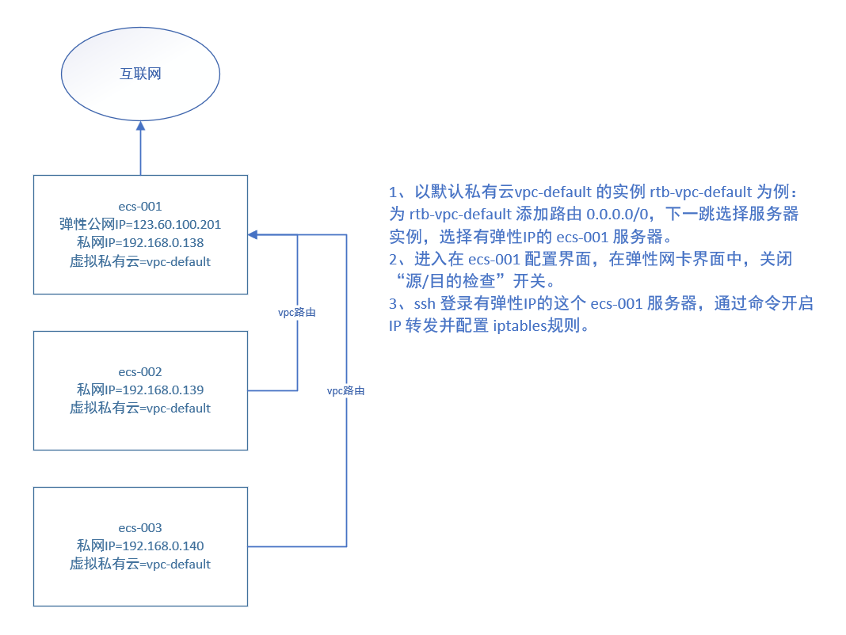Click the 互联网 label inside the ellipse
[140, 74]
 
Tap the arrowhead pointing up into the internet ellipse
[140, 126]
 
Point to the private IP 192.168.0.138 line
[140, 242]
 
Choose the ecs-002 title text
[140, 371]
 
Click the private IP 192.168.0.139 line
[140, 390]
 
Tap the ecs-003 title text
[140, 527]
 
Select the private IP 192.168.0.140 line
[140, 546]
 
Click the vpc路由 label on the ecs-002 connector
[297, 313]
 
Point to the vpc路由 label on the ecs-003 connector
[346, 391]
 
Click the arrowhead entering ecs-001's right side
[253, 234]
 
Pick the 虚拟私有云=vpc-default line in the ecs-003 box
[140, 565]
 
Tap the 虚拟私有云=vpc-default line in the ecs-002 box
[140, 409]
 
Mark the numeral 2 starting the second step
[394, 260]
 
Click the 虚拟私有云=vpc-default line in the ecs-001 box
[140, 261]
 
